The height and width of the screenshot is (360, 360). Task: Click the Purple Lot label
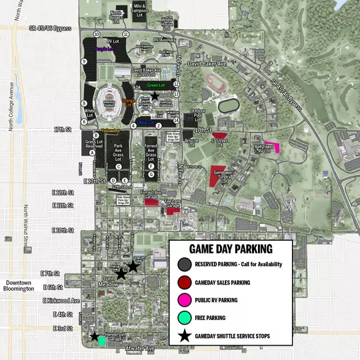tap(104, 49)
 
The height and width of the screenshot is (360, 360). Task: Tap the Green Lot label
tap(155, 85)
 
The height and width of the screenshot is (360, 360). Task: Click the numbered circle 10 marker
tap(97, 34)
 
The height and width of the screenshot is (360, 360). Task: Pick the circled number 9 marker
tap(85, 61)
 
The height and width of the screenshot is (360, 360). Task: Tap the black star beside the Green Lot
tap(155, 97)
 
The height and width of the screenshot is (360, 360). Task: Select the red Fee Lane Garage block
tap(173, 211)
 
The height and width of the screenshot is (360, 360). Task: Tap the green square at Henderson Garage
tap(101, 340)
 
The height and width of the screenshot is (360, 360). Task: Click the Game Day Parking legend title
tap(231, 249)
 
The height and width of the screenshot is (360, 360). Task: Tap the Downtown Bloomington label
tap(17, 285)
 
